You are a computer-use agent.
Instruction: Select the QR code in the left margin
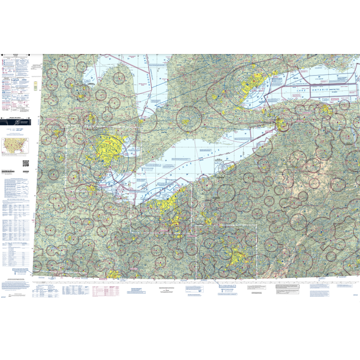point(25,162)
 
